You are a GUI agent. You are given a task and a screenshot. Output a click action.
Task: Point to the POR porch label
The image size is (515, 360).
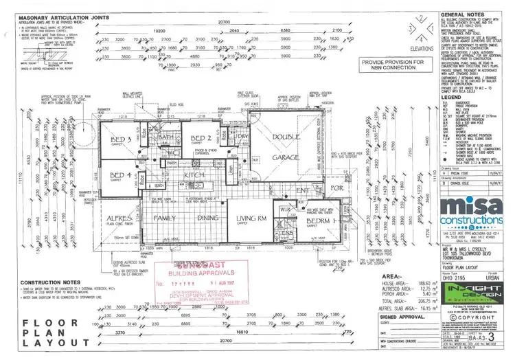pyautogui.click(x=336, y=188)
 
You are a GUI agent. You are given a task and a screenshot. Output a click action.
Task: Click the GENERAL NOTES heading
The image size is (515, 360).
pyautogui.click(x=461, y=14)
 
